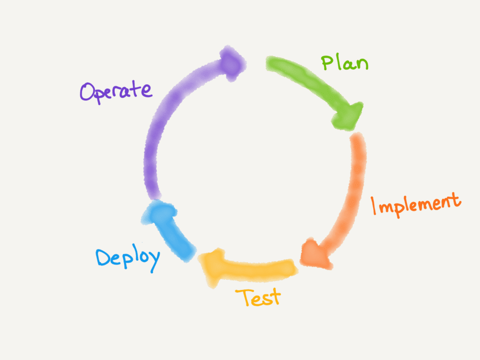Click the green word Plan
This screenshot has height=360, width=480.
345,62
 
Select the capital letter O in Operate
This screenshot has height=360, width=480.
88,92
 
